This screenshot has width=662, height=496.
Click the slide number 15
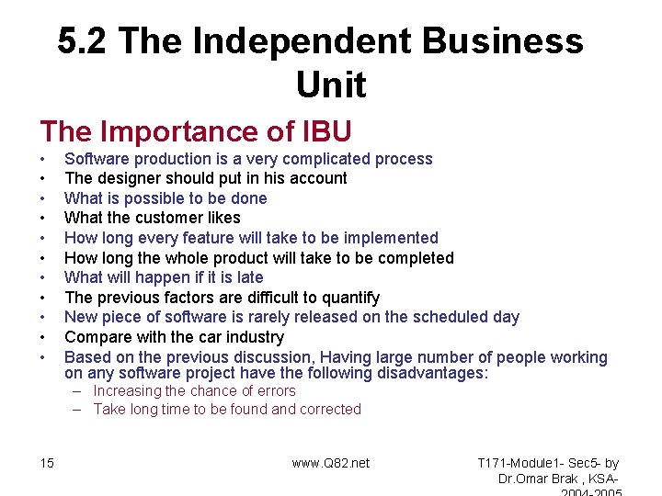(47, 463)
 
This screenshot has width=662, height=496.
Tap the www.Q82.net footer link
(331, 463)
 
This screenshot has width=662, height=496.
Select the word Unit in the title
(331, 85)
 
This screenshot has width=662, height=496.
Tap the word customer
(173, 218)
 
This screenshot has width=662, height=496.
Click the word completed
(412, 258)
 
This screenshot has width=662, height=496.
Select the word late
(248, 277)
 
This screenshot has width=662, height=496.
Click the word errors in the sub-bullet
(274, 391)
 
